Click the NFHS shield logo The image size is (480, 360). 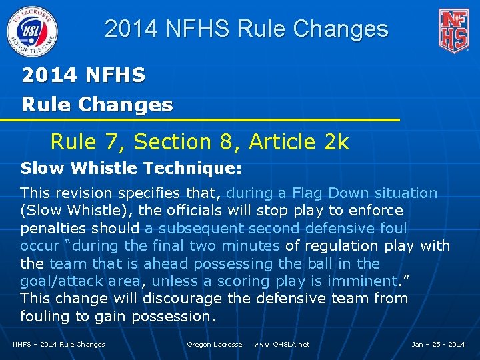point(453,31)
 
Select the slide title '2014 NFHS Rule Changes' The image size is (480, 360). point(246,29)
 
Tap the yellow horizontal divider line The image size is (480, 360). point(200,120)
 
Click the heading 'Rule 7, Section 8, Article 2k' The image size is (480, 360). point(199,141)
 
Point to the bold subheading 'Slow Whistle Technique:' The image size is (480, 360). point(131,169)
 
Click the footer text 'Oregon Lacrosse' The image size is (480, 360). point(214,344)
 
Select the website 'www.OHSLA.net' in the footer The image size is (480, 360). point(281,344)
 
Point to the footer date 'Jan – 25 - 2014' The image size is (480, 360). point(438,344)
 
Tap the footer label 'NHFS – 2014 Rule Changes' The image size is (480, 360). point(59,344)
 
